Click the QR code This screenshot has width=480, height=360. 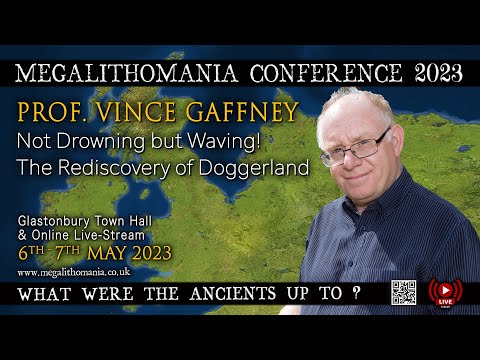(403, 292)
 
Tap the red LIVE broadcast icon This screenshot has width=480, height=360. (441, 292)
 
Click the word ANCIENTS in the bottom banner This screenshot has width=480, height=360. (223, 295)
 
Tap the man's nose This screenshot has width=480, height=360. (364, 160)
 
